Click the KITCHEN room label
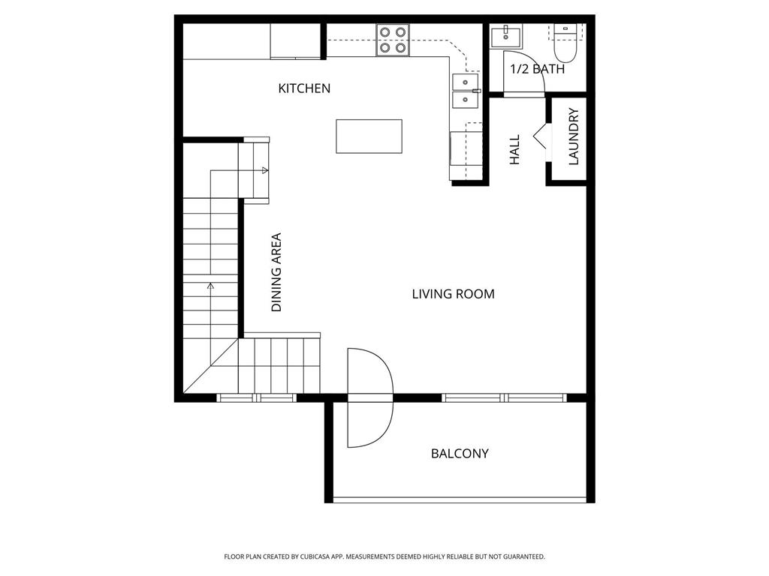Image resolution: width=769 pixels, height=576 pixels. [304, 88]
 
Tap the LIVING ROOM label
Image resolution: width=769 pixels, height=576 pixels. [453, 294]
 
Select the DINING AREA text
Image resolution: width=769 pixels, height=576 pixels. [276, 272]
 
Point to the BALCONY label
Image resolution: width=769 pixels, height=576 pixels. [460, 454]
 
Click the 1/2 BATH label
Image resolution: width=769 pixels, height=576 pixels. [537, 69]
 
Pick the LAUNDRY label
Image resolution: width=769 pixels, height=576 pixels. [574, 136]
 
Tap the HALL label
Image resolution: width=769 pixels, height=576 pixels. [515, 150]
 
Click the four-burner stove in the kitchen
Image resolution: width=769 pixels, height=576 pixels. [393, 40]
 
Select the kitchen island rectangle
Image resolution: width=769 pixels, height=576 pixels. [369, 136]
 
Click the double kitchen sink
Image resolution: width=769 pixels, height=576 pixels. [465, 91]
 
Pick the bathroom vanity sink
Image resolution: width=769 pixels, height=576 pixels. [506, 36]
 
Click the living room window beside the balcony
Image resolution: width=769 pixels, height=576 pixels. [505, 397]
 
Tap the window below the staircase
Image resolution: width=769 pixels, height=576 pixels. [257, 397]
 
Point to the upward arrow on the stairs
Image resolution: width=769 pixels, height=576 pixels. [210, 286]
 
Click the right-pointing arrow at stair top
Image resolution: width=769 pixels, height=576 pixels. [264, 170]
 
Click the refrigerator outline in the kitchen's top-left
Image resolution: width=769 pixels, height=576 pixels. [296, 40]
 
